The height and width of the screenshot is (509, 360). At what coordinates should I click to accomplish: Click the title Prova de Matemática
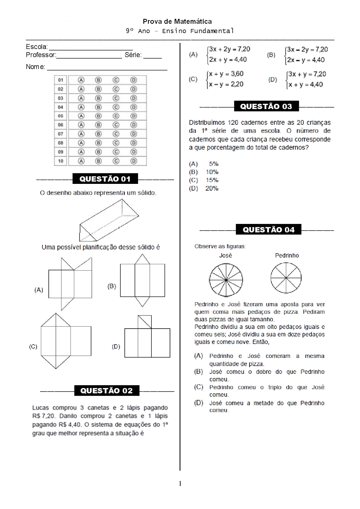177,21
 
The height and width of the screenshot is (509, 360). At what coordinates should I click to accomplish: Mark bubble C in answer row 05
116,116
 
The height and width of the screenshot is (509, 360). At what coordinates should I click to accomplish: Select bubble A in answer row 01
81,80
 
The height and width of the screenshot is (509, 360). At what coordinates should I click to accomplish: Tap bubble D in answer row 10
134,161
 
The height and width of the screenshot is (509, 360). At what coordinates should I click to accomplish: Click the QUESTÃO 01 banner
105,179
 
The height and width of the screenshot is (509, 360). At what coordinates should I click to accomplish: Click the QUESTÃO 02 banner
107,391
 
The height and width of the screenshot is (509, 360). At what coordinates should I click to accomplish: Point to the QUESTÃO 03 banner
266,106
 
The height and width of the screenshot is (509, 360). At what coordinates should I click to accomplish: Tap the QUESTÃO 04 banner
268,229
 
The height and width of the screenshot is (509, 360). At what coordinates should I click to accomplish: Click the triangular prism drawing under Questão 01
108,220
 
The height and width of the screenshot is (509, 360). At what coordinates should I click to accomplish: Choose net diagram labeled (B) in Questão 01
142,280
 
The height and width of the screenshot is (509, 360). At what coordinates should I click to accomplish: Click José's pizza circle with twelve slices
226,280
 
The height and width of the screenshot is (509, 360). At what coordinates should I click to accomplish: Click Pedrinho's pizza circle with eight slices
286,278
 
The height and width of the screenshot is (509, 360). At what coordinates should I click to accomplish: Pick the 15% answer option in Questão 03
212,180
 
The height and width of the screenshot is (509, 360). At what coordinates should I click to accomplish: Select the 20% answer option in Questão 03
212,188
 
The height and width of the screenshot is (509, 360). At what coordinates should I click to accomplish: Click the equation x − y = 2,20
226,84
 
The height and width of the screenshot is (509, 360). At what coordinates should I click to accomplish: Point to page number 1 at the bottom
180,484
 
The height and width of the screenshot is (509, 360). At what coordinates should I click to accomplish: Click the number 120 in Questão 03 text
233,122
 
